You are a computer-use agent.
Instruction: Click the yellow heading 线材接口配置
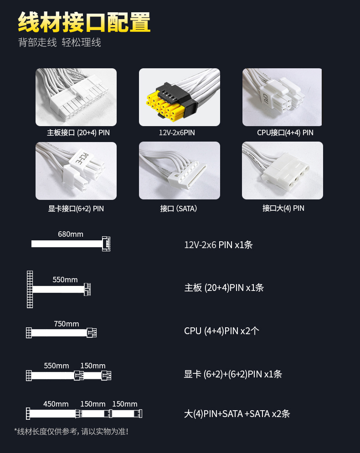(84, 22)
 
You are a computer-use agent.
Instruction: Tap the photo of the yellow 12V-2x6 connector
(179, 97)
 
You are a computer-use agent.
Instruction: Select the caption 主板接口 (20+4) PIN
(78, 132)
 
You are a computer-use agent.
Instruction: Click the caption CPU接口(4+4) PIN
(285, 132)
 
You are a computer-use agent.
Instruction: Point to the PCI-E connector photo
(76, 171)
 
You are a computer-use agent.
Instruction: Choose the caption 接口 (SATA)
(179, 209)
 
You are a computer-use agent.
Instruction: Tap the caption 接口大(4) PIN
(283, 209)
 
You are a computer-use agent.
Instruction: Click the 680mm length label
(71, 234)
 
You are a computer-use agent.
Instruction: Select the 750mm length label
(67, 324)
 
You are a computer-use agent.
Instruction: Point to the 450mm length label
(56, 404)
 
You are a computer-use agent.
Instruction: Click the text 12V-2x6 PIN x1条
(218, 245)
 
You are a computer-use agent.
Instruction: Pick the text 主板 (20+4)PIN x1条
(224, 288)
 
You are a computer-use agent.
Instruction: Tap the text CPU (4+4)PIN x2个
(221, 331)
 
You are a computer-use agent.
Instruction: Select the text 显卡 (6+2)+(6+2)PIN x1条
(233, 374)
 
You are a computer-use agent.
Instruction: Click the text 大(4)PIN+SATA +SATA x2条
(237, 414)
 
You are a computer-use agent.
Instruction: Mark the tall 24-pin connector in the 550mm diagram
(30, 289)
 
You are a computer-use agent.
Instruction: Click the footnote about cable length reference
(71, 432)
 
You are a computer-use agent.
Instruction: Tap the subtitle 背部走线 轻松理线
(60, 42)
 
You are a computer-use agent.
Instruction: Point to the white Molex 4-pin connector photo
(283, 170)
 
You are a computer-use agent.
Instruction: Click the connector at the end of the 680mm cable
(106, 244)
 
